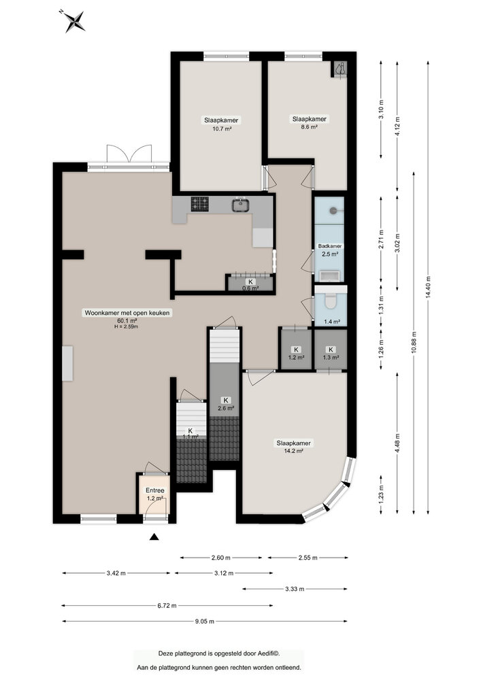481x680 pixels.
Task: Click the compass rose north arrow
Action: coord(75,21)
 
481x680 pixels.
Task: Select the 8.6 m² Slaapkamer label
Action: coord(310,118)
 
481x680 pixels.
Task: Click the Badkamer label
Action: coord(330,246)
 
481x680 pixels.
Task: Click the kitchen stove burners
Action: coord(199,203)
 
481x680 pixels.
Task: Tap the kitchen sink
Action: coord(240,204)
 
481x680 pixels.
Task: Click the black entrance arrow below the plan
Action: coord(154,538)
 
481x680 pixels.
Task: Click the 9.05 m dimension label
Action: coord(204,621)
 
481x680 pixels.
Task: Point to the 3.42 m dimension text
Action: coord(116,573)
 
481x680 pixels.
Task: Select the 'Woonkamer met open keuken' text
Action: coord(127,313)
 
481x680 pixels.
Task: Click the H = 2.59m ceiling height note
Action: coord(127,327)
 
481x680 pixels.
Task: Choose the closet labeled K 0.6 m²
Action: coord(250,284)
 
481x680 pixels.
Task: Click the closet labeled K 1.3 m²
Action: coord(331,353)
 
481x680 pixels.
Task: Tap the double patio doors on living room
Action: coord(129,155)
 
